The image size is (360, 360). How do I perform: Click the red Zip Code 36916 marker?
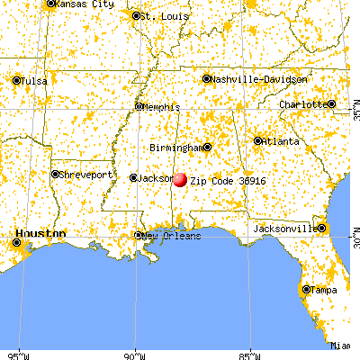click(180, 179)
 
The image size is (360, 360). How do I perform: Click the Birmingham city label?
click(175, 147)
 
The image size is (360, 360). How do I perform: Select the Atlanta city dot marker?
click(257, 141)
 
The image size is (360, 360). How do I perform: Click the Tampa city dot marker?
click(306, 290)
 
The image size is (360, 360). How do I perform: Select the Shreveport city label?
click(86, 174)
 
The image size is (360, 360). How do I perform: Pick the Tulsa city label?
click(33, 81)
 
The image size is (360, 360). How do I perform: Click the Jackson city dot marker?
click(134, 177)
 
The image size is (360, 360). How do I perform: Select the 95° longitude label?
click(18, 353)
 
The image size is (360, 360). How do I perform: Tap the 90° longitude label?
click(135, 353)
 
